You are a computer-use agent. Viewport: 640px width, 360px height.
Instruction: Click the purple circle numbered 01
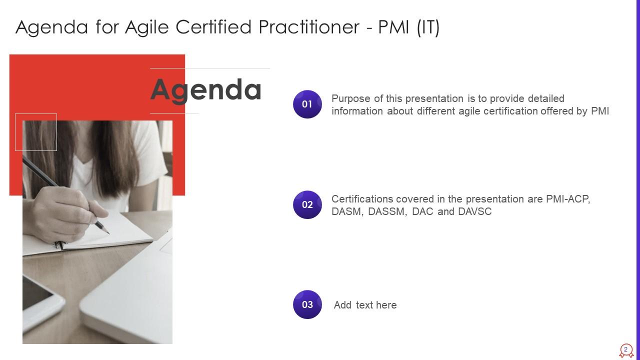(x=307, y=104)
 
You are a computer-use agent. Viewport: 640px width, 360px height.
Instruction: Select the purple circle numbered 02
(x=307, y=204)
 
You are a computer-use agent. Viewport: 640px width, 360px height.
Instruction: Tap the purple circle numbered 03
(x=307, y=304)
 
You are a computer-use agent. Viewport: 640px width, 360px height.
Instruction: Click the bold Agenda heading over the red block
(x=205, y=90)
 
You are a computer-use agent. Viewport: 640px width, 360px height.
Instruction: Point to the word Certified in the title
(x=213, y=27)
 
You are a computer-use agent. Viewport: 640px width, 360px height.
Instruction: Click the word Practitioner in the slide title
(x=309, y=27)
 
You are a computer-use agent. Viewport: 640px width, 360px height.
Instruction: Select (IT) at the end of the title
(x=428, y=27)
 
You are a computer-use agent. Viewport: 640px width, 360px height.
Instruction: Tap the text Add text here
(x=365, y=305)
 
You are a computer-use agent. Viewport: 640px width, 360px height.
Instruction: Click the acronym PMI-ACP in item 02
(x=568, y=199)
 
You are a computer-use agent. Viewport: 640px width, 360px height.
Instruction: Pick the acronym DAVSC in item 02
(x=474, y=211)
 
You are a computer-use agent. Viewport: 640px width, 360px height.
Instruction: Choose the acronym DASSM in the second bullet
(x=387, y=211)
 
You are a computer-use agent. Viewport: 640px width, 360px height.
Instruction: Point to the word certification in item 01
(x=510, y=111)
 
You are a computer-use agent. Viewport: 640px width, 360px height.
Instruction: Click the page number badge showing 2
(x=625, y=350)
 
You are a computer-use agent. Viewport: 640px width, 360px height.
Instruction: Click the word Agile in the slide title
(x=147, y=27)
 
